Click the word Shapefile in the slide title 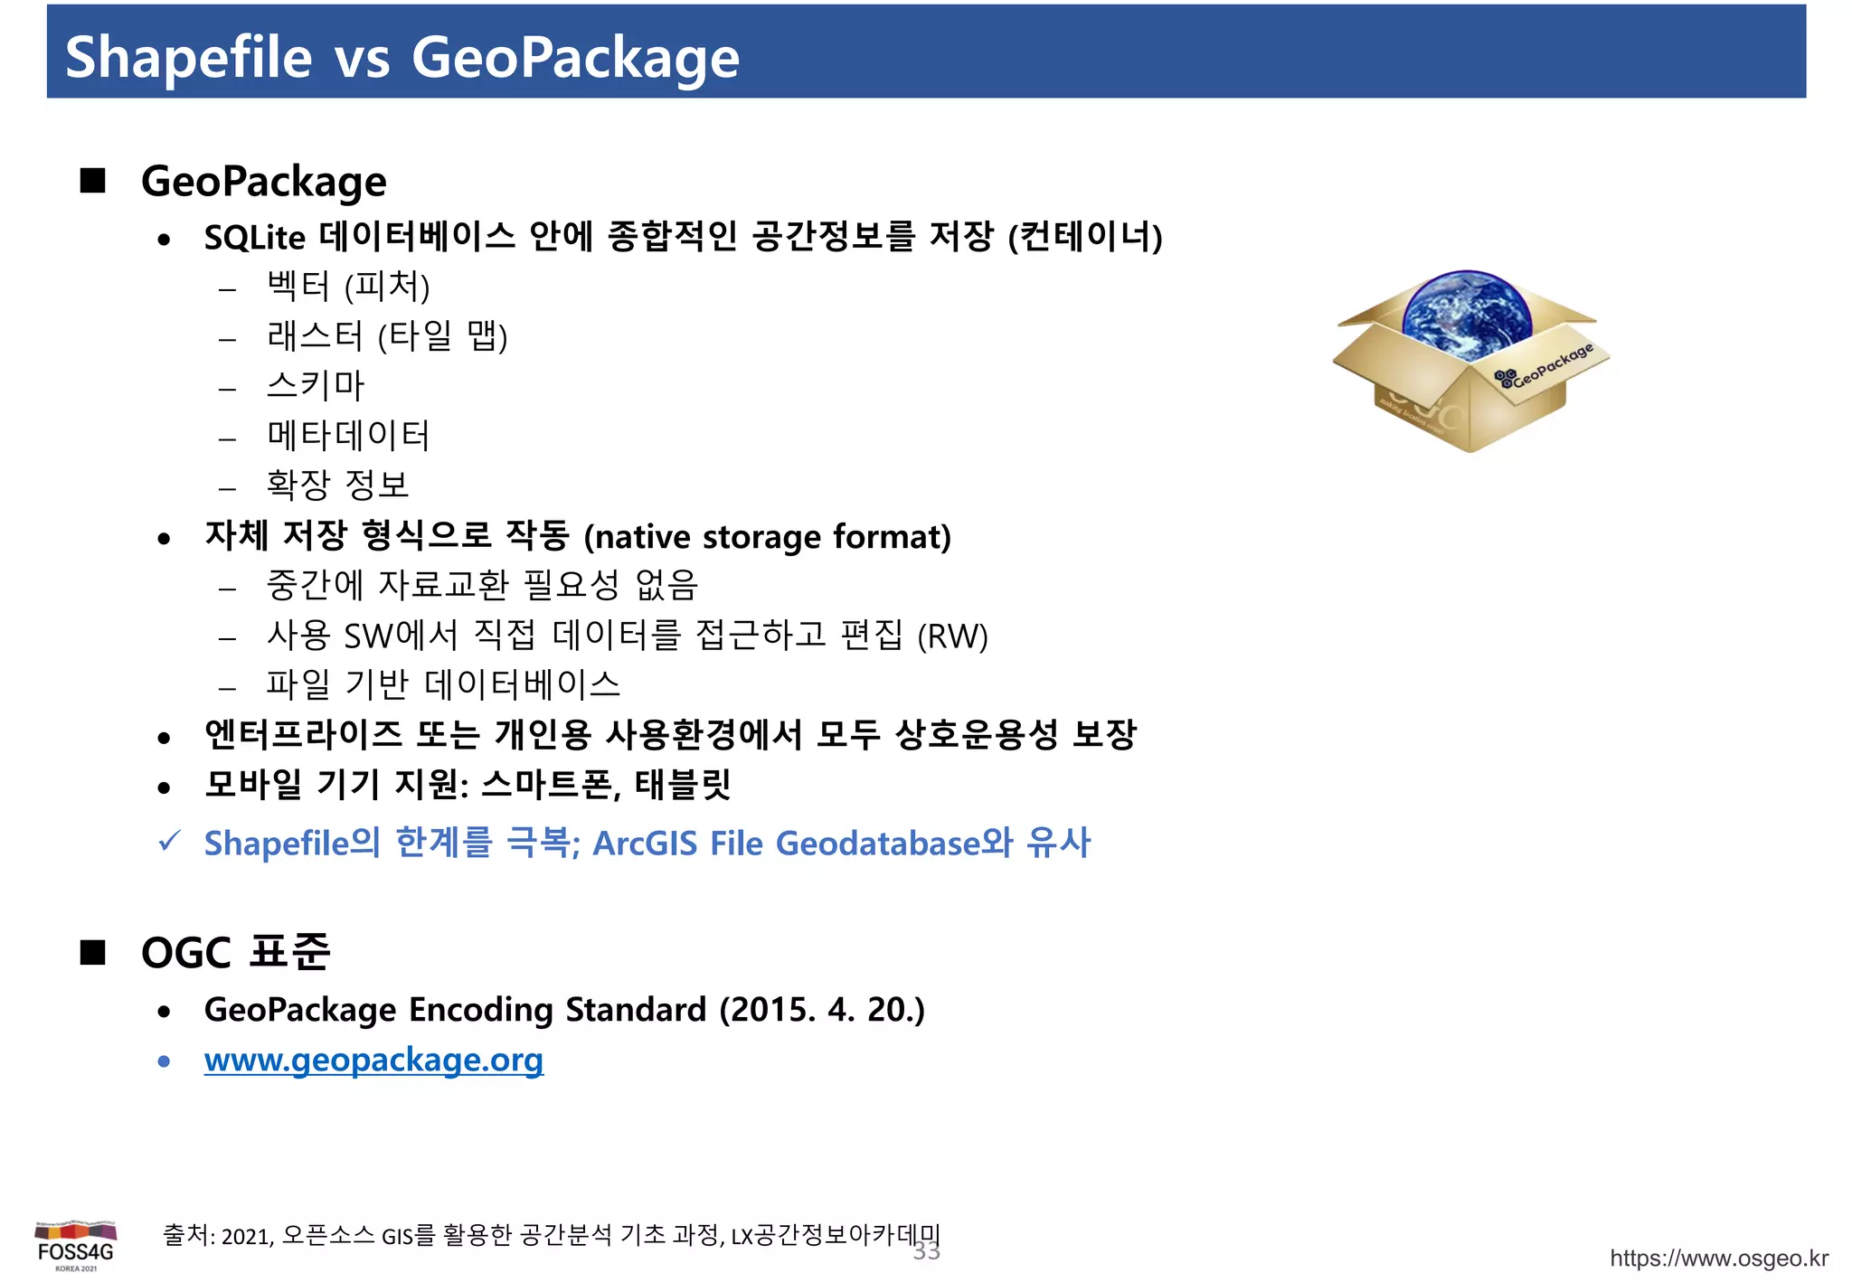[x=188, y=58]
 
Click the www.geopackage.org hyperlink [x=373, y=1060]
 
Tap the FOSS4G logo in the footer [x=76, y=1245]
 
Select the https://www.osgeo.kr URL [x=1718, y=1258]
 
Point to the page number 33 [x=926, y=1251]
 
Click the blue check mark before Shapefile [x=169, y=841]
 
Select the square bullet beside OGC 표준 [x=92, y=952]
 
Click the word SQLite [x=254, y=238]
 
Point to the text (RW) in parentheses [x=952, y=636]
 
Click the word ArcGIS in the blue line [x=645, y=844]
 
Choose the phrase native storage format [x=766, y=537]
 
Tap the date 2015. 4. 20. [x=821, y=1010]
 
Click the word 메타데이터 [x=348, y=436]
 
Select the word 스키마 [x=315, y=386]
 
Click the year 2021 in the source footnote [x=245, y=1236]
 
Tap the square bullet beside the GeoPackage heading [x=92, y=181]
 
